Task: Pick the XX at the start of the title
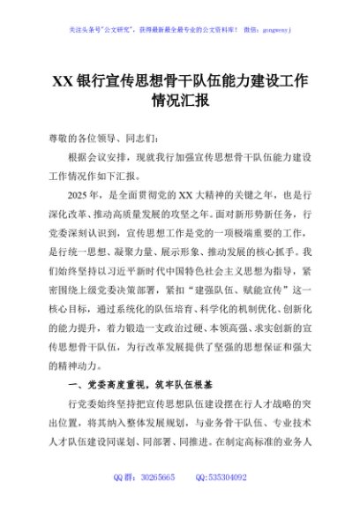click(63, 80)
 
